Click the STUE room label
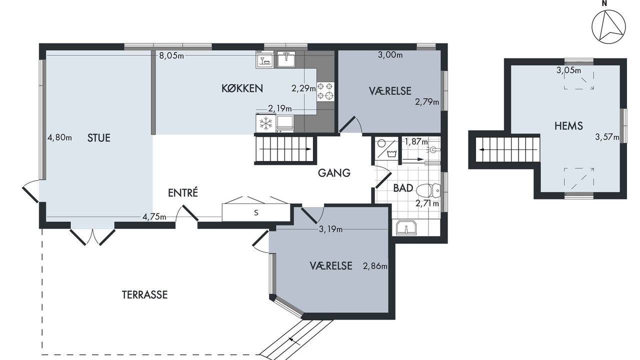pos(98,138)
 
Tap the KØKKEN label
pos(242,88)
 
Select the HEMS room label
pos(568,126)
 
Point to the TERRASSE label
pos(144,295)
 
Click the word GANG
pos(334,173)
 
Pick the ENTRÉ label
pos(183,192)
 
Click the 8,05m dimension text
pos(171,55)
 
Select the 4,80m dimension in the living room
pos(59,137)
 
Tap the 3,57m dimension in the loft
pos(607,137)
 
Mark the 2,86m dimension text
pos(375,266)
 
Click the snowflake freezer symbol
pos(266,123)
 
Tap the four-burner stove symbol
pos(325,91)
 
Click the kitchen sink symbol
pos(286,59)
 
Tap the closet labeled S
pos(256,212)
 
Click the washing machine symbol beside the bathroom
pos(387,148)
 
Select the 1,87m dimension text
pos(416,141)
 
